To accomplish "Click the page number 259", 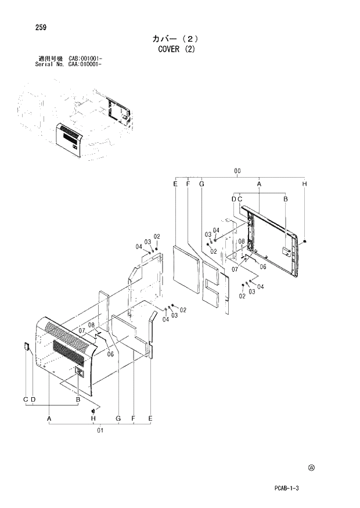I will tap(41, 27).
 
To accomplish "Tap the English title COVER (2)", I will tap(177, 49).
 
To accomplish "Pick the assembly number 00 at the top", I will tap(237, 171).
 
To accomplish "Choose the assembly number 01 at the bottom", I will tap(100, 430).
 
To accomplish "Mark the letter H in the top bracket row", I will tap(305, 184).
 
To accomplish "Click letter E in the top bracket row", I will tap(175, 184).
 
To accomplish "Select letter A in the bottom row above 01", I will tap(50, 419).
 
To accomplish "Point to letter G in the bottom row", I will tap(118, 419).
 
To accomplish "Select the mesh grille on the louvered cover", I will tap(71, 352).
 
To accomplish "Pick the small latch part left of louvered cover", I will tap(27, 347).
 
